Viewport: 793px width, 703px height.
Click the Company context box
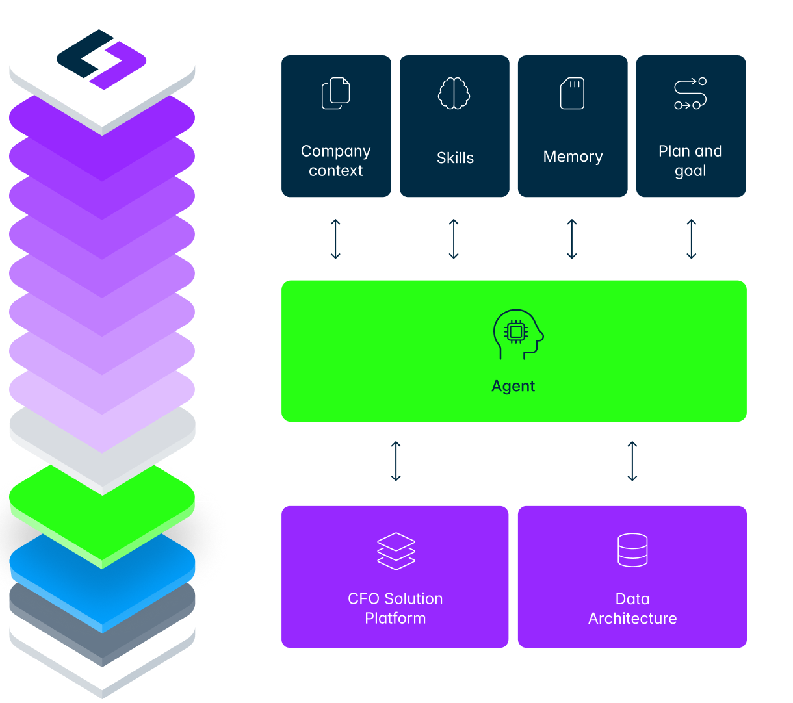coord(336,126)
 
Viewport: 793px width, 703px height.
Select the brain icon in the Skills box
coord(454,93)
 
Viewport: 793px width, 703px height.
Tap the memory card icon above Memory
coord(573,94)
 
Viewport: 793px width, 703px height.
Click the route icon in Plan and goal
coord(690,94)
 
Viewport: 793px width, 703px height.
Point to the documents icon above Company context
coord(336,93)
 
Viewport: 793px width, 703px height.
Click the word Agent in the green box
coord(513,386)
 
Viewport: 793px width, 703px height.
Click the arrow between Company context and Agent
coord(335,239)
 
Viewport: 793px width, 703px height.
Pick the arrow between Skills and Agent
coord(454,239)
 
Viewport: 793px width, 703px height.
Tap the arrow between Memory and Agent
coord(572,239)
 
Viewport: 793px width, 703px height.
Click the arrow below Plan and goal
coord(692,239)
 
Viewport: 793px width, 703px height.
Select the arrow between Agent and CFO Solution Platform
coord(396,462)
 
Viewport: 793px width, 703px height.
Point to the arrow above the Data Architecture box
coord(632,462)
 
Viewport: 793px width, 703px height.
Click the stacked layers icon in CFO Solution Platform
coord(396,551)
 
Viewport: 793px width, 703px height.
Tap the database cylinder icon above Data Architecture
coord(632,550)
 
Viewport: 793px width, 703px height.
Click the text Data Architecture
coord(632,609)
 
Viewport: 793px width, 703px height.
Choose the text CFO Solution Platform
coord(395,609)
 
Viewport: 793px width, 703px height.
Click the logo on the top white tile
coord(101,59)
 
